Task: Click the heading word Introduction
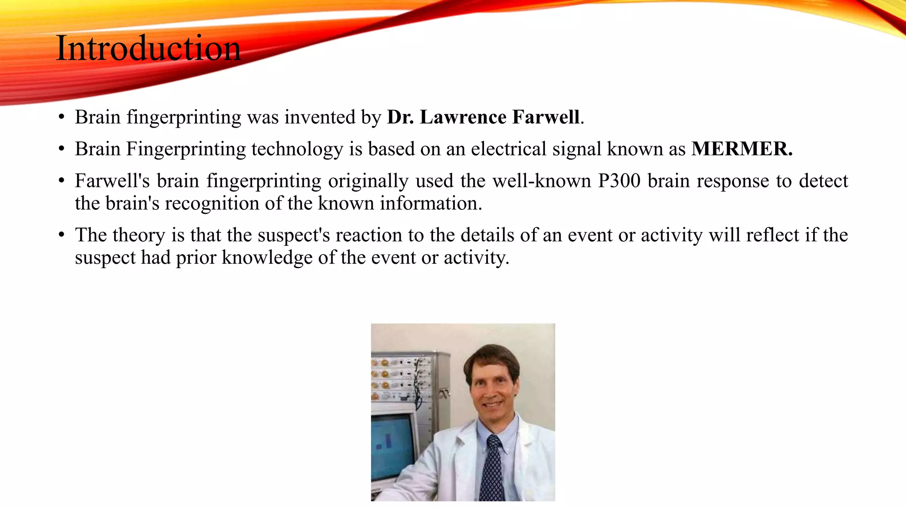pyautogui.click(x=148, y=48)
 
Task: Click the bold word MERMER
pyautogui.click(x=741, y=149)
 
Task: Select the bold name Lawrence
pyautogui.click(x=463, y=117)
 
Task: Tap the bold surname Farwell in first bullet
pyautogui.click(x=546, y=117)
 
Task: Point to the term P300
pyautogui.click(x=619, y=181)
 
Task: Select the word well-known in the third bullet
pyautogui.click(x=541, y=181)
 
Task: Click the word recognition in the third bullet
pyautogui.click(x=212, y=203)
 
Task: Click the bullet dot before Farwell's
pyautogui.click(x=61, y=181)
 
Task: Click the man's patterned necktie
pyautogui.click(x=491, y=468)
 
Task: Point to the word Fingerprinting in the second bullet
pyautogui.click(x=186, y=149)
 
